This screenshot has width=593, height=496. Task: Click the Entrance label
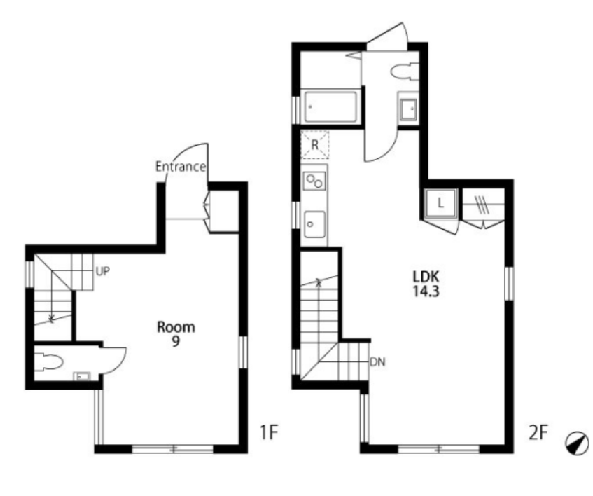coord(181,167)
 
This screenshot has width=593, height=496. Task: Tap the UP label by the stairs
coord(102,271)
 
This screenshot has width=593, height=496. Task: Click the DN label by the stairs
coord(377,362)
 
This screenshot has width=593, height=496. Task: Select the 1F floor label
coord(269,432)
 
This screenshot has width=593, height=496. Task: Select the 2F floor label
coord(538,432)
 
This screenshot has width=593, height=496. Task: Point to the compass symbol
coord(577,443)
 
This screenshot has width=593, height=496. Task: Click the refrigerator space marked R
coord(314,144)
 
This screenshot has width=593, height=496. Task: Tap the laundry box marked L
coord(440,204)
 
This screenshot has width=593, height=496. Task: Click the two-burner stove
coord(314,181)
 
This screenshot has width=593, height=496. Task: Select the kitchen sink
coord(314,224)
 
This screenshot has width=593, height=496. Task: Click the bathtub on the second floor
coord(330,106)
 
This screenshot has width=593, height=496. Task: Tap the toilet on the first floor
coord(48,361)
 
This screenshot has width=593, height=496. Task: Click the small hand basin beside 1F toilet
coord(82,376)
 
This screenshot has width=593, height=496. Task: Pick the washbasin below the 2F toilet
coord(408,109)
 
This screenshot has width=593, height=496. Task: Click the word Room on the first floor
coord(176,327)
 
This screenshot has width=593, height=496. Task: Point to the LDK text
coord(426,277)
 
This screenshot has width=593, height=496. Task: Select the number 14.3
coord(426,291)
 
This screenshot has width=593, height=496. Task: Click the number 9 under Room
coord(176,341)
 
